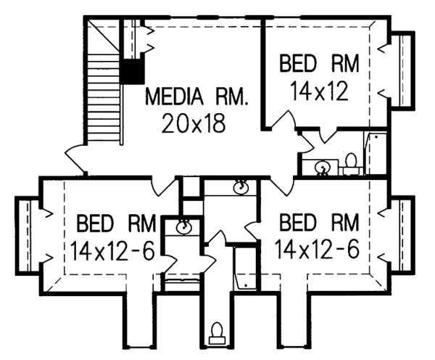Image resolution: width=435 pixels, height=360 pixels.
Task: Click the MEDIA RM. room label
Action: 196,97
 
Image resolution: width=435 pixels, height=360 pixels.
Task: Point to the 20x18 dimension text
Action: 194,123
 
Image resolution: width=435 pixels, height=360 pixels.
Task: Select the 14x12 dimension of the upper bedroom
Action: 319,91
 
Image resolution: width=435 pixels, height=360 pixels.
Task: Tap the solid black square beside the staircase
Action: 133,71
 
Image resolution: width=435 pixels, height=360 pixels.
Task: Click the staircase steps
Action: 104,99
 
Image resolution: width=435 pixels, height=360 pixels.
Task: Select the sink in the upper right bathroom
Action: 322,168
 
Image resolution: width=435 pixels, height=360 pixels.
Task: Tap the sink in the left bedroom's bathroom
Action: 184,226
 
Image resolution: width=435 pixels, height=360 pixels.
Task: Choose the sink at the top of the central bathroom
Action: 241,187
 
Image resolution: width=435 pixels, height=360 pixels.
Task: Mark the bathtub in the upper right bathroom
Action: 376,154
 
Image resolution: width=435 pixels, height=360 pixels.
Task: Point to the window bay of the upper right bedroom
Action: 402,69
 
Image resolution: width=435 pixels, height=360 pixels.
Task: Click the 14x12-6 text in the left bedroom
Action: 112,251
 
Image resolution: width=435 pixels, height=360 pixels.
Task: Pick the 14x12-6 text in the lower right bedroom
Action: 318,249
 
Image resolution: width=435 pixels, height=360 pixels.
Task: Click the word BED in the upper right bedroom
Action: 298,64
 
